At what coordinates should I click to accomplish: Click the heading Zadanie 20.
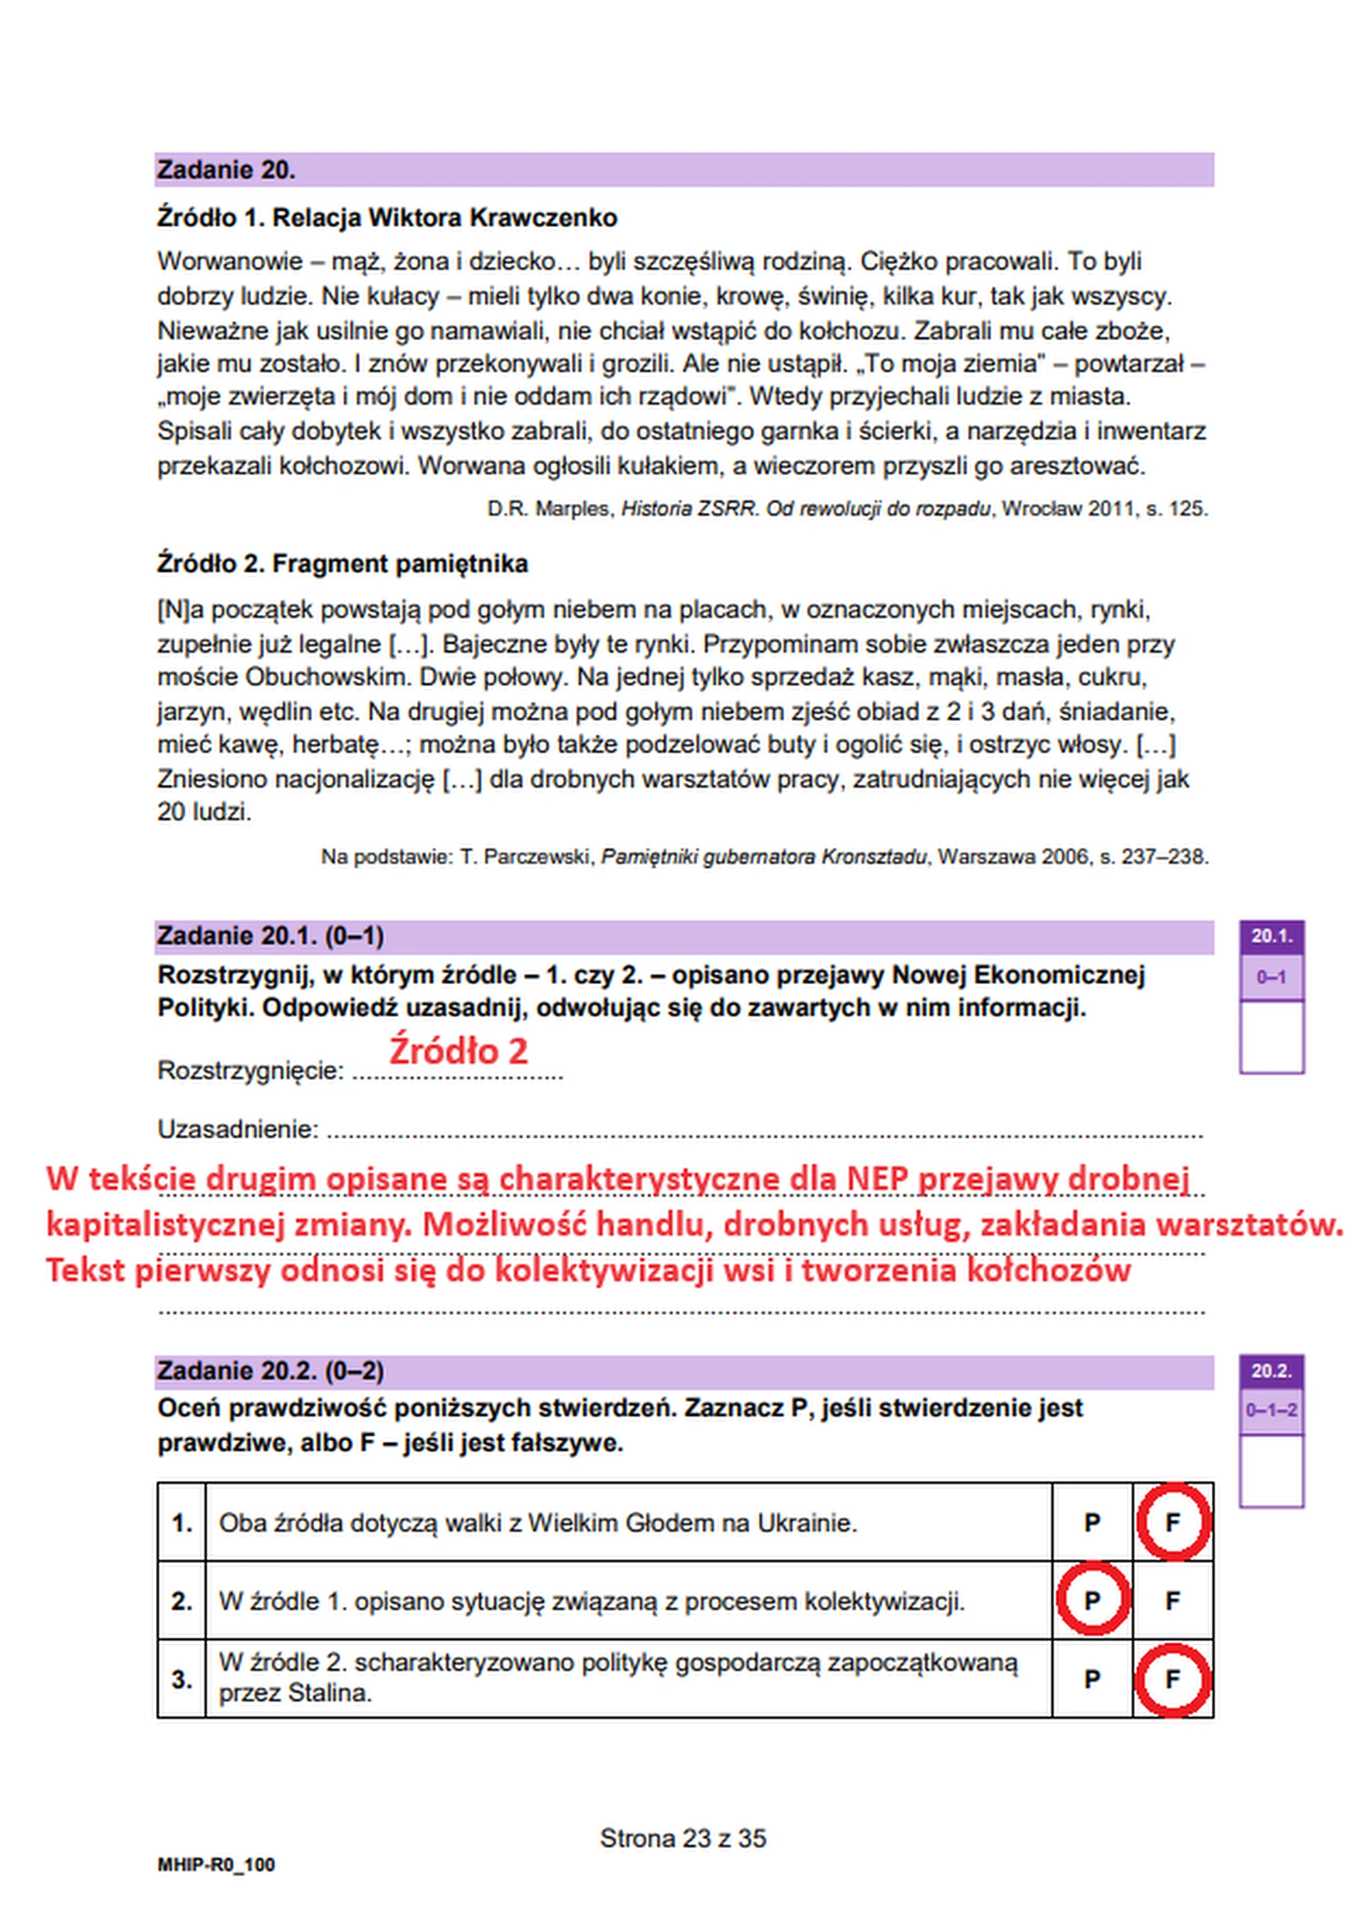pos(226,171)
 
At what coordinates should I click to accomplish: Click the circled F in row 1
pos(1173,1522)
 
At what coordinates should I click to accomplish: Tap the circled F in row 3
pos(1173,1679)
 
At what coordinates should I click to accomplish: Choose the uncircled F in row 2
pos(1173,1600)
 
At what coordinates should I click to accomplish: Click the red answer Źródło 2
pos(458,1051)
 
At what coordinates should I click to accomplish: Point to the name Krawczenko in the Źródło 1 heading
pos(543,218)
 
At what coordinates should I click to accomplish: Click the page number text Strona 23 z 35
pos(683,1839)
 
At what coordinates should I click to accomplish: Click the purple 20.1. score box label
pos(1271,936)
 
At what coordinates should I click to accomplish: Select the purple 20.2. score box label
pos(1271,1371)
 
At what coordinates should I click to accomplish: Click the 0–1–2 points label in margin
pos(1271,1410)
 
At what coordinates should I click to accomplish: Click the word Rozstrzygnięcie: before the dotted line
pos(250,1071)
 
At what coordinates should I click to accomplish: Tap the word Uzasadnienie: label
pos(237,1129)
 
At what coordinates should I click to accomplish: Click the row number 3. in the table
pos(182,1679)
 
